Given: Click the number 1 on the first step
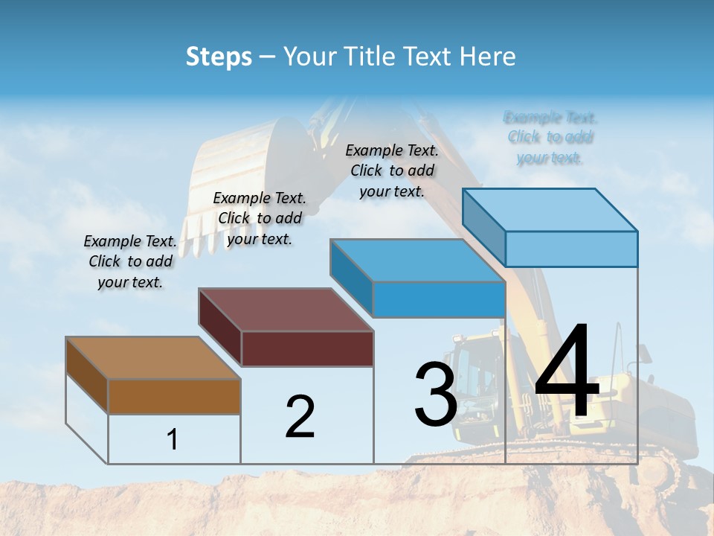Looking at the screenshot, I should click(173, 439).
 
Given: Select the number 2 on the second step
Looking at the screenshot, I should click(300, 416).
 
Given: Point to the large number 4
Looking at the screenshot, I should click(567, 371).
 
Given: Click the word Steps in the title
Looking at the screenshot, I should click(219, 57).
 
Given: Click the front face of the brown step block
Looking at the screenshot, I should click(174, 397).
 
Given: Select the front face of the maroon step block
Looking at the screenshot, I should click(307, 348).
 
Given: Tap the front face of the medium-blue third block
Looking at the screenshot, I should click(439, 300).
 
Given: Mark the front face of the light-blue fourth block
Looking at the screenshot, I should click(571, 249).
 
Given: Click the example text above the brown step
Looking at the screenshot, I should click(130, 261).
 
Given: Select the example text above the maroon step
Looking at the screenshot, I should click(260, 218).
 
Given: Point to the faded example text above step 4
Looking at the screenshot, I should click(550, 137).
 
